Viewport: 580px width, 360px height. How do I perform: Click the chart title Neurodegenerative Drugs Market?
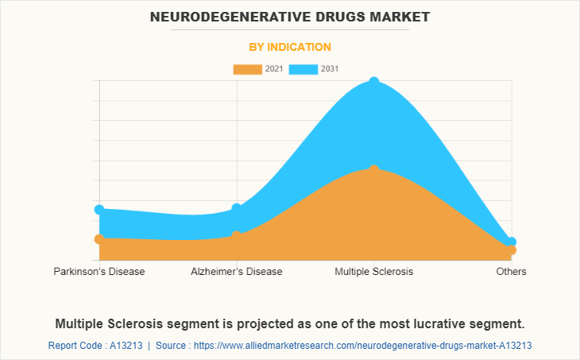point(290,16)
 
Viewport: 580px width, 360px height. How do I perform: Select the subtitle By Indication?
point(290,47)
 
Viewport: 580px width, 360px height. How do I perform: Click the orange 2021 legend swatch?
point(247,69)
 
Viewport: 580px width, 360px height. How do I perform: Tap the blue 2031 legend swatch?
point(303,69)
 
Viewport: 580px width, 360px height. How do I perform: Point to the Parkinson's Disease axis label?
point(99,272)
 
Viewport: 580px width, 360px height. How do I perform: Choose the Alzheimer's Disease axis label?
point(237,272)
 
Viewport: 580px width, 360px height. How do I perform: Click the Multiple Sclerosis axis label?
point(373,272)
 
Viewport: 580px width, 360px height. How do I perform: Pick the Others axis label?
point(511,272)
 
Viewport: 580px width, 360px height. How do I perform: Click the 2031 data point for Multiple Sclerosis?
point(373,82)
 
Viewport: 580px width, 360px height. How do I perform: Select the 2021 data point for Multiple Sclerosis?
point(373,170)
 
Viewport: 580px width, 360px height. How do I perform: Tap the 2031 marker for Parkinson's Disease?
point(99,210)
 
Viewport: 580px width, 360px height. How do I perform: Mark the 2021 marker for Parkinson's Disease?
point(99,238)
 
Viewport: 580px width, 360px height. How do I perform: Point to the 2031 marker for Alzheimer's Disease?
point(237,208)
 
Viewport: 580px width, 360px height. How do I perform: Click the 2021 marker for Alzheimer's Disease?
point(237,235)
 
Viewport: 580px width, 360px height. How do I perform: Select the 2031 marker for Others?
point(511,242)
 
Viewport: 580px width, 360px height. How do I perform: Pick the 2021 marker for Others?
point(511,250)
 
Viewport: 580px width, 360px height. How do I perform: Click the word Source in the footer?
point(171,346)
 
